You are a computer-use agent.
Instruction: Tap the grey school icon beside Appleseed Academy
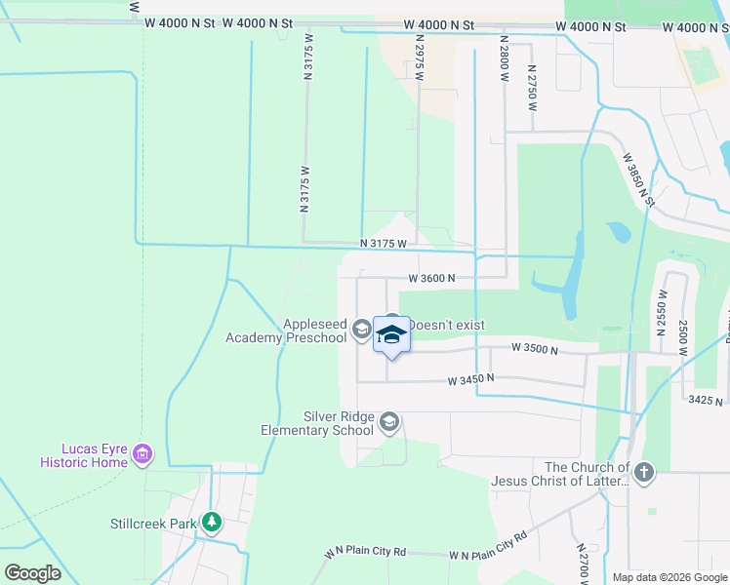tap(361, 330)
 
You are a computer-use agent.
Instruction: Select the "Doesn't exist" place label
tap(447, 325)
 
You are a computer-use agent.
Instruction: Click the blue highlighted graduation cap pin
tap(391, 334)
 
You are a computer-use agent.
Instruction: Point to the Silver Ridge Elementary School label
tap(318, 422)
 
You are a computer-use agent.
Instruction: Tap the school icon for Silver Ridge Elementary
tap(388, 422)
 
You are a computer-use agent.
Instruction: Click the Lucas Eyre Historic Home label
tap(83, 454)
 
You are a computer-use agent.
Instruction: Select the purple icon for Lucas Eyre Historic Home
tap(143, 453)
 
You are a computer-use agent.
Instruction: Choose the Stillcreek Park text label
tap(153, 524)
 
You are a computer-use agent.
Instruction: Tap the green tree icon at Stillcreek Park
tap(211, 524)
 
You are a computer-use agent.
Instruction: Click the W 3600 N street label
tap(432, 278)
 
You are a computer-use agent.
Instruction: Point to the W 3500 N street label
tap(534, 348)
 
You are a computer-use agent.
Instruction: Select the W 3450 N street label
tap(471, 378)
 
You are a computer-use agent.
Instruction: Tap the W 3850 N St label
tap(638, 178)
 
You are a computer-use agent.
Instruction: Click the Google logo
tap(32, 573)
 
